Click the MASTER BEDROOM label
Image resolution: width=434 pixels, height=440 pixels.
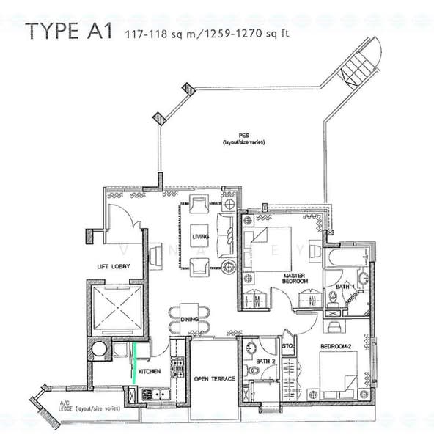295,279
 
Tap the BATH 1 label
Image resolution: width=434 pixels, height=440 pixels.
345,285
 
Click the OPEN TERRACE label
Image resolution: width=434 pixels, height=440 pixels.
215,378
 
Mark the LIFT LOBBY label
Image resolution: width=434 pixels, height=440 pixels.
114,267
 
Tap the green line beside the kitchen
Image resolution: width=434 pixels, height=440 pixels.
135,356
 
